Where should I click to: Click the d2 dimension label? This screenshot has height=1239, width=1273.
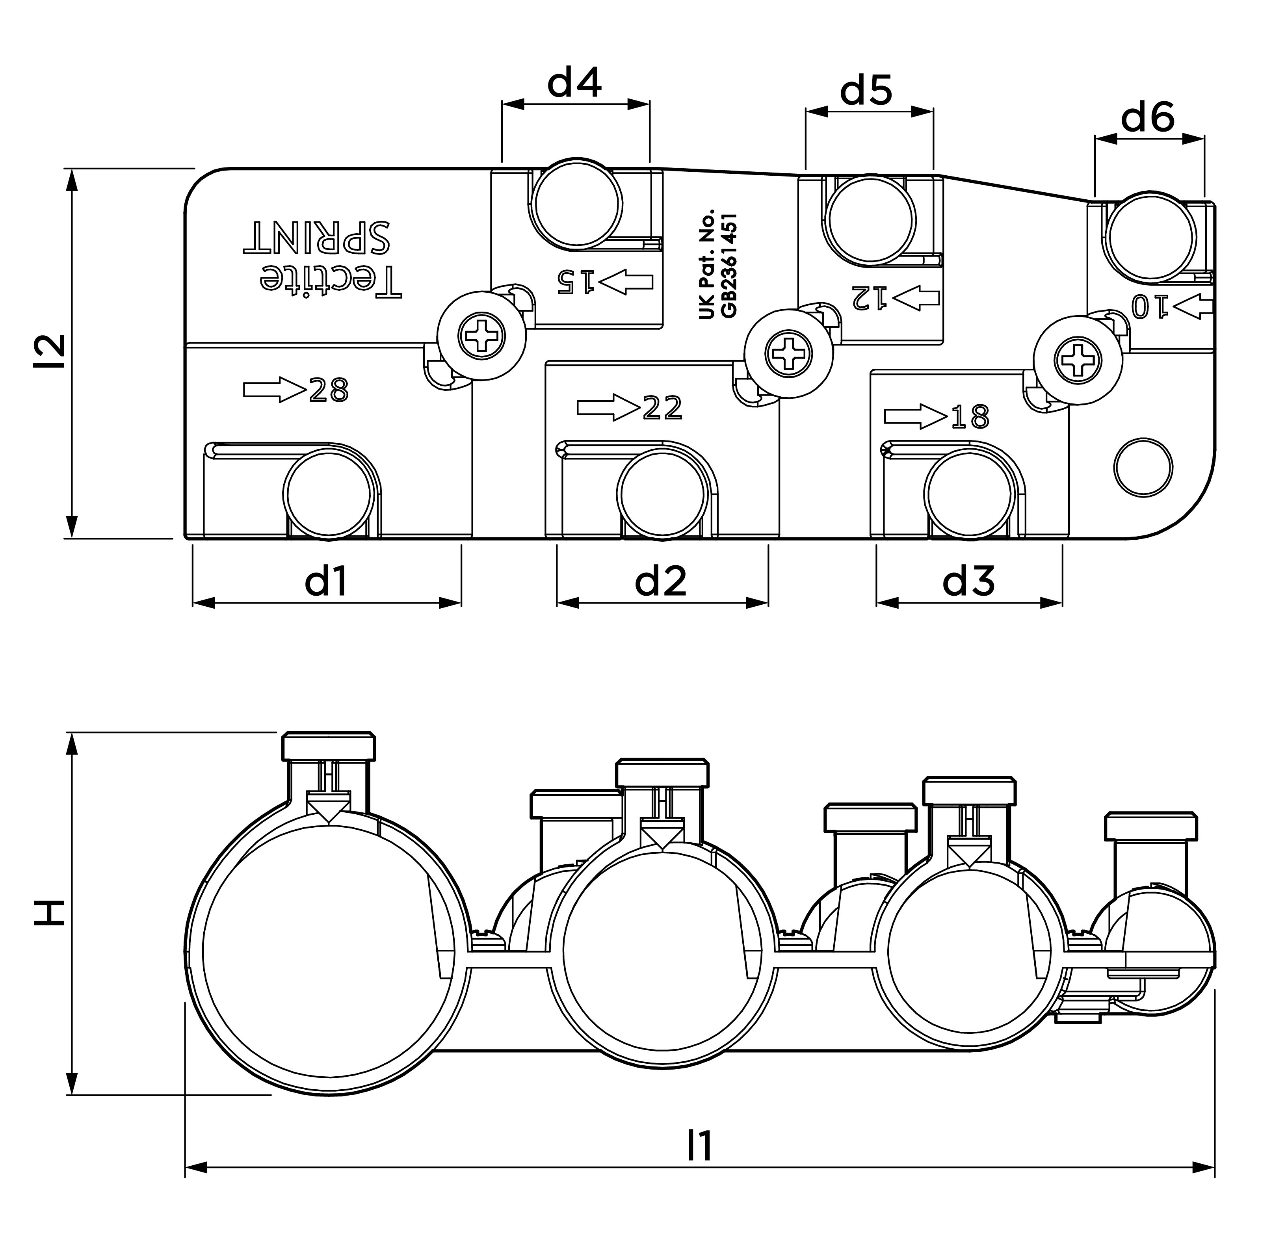pos(661,580)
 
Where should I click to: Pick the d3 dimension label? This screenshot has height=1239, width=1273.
pos(968,580)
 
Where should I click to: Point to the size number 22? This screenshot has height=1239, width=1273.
pos(663,408)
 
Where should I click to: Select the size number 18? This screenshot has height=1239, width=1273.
pos(970,417)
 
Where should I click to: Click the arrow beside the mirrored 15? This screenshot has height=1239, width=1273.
pos(625,282)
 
